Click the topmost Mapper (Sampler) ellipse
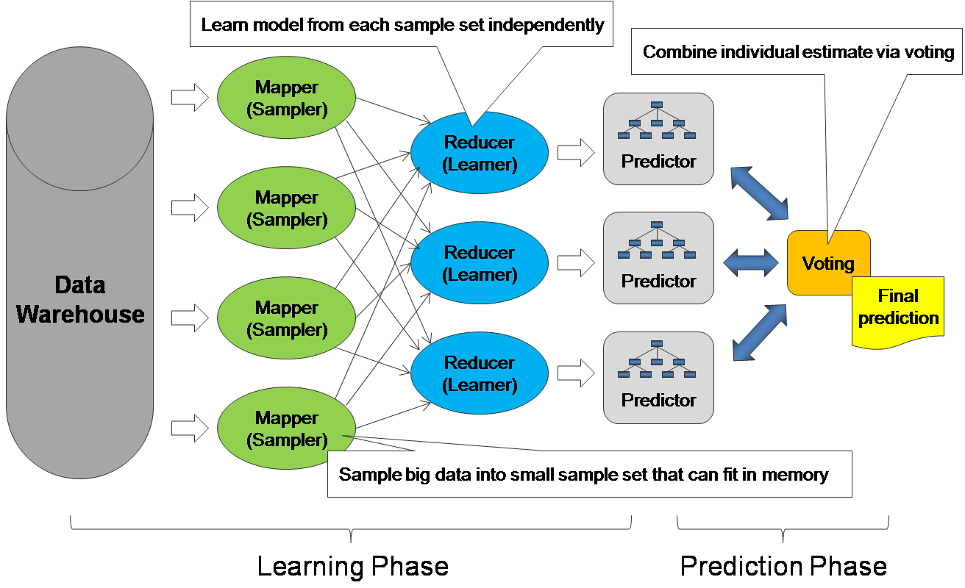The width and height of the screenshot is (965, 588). (287, 98)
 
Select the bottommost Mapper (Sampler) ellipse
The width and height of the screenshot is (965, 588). (287, 429)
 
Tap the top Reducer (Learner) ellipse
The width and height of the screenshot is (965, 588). (480, 153)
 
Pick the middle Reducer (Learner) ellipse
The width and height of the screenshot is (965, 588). (480, 263)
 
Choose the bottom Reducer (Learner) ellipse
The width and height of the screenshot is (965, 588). (480, 373)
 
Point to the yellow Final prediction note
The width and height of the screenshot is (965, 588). (898, 309)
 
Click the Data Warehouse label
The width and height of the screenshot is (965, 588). (80, 300)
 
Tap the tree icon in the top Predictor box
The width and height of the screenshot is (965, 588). (658, 119)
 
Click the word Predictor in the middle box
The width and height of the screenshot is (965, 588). (658, 281)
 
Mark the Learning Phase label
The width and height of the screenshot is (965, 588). (352, 567)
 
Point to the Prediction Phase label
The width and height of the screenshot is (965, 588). (783, 567)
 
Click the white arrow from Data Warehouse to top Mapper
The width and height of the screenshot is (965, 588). (190, 98)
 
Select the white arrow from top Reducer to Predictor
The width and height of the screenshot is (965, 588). (576, 153)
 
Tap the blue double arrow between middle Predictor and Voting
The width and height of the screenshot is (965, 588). (751, 262)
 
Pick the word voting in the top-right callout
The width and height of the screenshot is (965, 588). (932, 52)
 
